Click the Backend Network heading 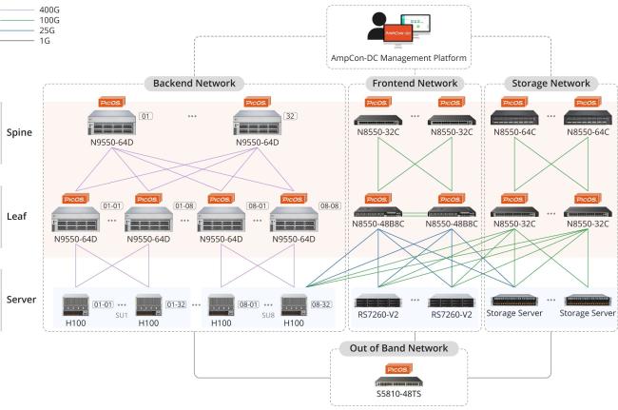coord(196,84)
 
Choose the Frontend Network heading coord(415,84)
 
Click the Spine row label coord(21,132)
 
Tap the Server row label coord(21,300)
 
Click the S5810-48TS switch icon coord(397,381)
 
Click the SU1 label coord(122,314)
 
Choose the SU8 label coord(269,314)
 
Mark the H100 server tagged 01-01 coord(75,306)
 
